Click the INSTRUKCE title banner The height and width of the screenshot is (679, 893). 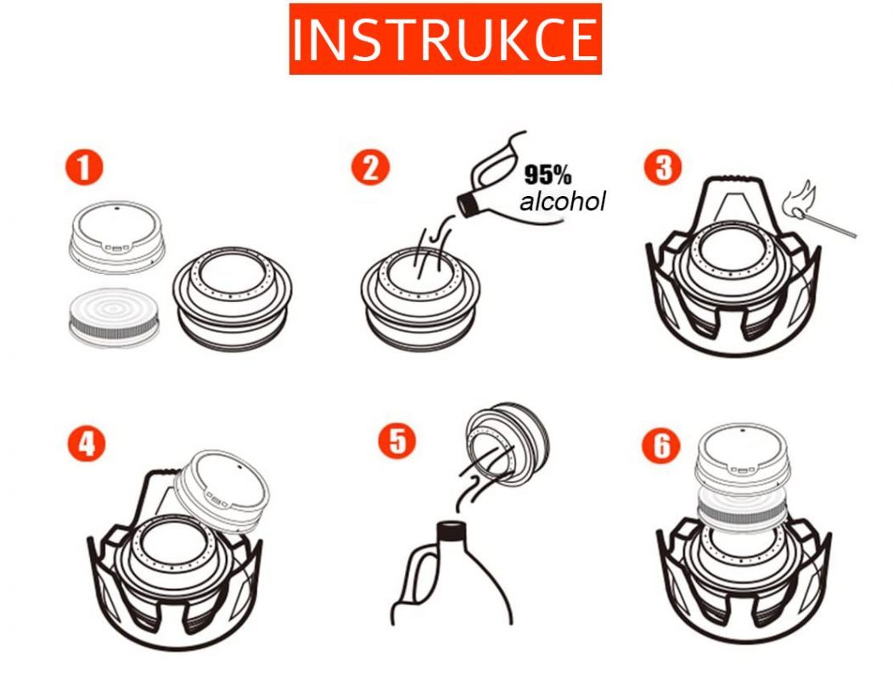tap(446, 39)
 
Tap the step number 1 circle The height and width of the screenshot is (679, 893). tap(84, 167)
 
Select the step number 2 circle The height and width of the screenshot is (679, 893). tap(370, 167)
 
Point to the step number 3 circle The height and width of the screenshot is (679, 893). tap(663, 166)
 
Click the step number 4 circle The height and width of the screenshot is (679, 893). tap(86, 442)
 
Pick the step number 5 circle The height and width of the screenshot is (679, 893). tap(397, 440)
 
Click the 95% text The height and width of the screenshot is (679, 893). tap(548, 175)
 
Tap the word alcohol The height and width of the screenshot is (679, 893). tap(562, 202)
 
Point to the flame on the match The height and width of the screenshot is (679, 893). tap(797, 199)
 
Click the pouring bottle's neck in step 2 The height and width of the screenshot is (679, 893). tap(469, 204)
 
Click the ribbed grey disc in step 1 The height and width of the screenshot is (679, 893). tap(115, 317)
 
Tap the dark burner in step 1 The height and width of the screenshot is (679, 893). tap(233, 299)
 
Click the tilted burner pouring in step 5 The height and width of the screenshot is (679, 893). tap(507, 444)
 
